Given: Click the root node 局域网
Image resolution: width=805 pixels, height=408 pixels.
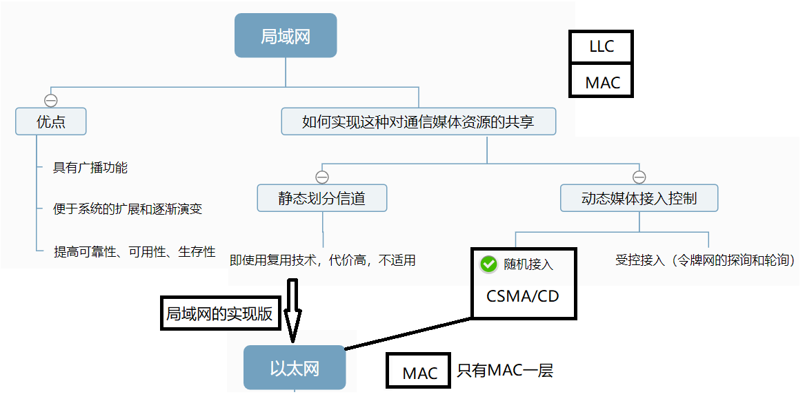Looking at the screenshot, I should [x=286, y=36].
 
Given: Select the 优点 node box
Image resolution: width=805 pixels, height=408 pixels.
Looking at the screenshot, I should [x=51, y=122].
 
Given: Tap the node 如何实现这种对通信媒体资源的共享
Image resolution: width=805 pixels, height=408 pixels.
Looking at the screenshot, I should [x=418, y=122].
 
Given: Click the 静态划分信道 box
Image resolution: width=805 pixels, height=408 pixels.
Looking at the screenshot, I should [x=321, y=199].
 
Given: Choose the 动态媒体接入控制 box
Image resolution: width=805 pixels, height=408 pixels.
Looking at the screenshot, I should [x=639, y=199].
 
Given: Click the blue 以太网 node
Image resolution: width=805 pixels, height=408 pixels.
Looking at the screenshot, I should [x=295, y=368].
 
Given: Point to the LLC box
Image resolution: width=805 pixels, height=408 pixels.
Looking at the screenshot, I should [x=601, y=48].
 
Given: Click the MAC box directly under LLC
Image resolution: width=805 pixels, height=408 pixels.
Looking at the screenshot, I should [x=602, y=82].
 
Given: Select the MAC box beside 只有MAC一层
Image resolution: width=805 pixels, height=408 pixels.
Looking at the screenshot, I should [x=419, y=373].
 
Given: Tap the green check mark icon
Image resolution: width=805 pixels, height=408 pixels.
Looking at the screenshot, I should [x=488, y=264].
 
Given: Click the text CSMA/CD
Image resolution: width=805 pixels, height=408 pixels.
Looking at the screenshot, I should [x=522, y=296].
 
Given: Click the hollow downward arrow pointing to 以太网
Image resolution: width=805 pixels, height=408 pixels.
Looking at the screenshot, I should [x=292, y=311].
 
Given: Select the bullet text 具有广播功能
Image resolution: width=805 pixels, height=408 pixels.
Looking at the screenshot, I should [x=90, y=168].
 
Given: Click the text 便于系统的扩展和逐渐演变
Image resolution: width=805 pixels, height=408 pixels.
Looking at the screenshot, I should [x=128, y=208].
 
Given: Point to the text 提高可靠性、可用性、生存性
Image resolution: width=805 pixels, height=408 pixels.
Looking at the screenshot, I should [x=135, y=252].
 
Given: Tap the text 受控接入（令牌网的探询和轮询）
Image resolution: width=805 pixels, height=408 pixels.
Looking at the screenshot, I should [x=706, y=261].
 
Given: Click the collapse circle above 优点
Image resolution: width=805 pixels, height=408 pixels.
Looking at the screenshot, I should [x=50, y=100].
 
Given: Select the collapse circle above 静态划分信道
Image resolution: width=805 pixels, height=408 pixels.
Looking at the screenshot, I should [x=321, y=176].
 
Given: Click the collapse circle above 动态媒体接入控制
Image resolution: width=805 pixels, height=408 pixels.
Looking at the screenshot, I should [x=639, y=176].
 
